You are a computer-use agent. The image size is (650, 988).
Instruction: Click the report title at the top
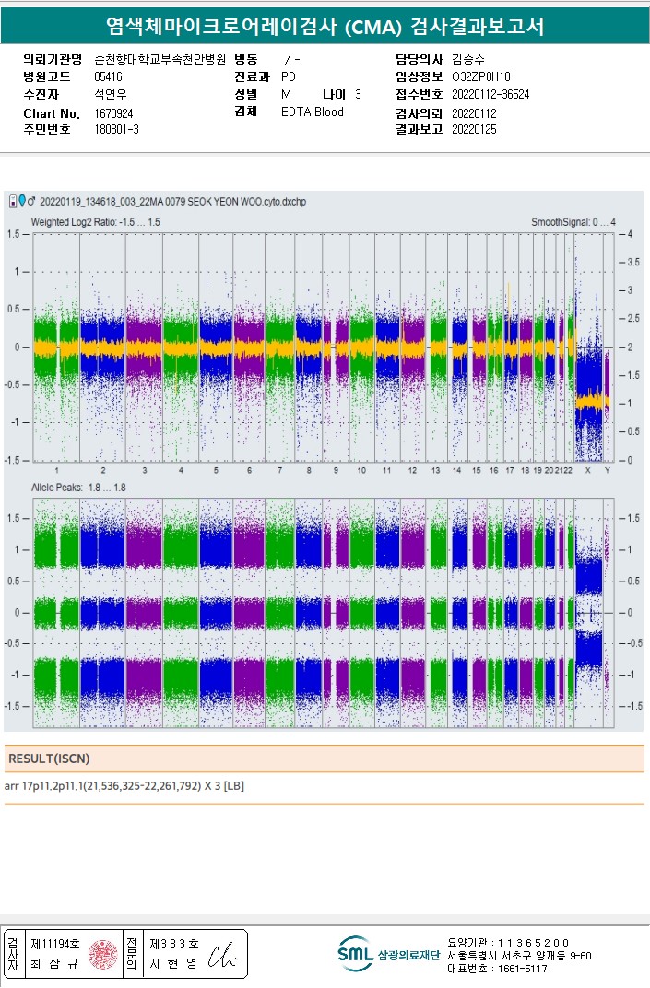pos(325,27)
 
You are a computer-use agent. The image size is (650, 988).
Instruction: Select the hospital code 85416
pos(108,77)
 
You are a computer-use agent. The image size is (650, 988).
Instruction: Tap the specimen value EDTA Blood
pos(312,112)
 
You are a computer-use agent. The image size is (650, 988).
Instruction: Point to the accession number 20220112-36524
pos(490,95)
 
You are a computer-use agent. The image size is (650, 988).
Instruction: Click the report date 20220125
pos(474,130)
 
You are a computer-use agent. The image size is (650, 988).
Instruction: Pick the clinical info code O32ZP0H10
pos(480,77)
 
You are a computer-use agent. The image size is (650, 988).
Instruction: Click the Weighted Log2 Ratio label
pos(95,222)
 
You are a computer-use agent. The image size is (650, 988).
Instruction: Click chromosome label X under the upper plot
pos(587,471)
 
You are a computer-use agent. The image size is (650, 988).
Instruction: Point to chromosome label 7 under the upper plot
pos(280,471)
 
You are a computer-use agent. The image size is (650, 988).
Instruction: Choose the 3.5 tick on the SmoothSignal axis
pos(631,263)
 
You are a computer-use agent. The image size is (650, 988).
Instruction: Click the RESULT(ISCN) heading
pos(49,759)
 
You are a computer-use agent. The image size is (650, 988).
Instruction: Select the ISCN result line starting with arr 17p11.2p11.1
pos(124,786)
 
